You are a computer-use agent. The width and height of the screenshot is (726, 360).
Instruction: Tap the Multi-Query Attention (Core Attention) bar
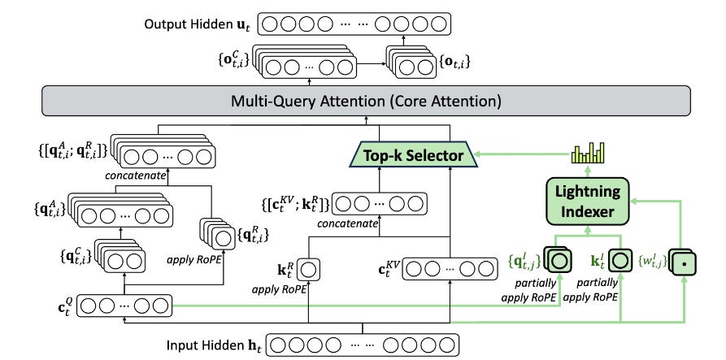tap(366, 101)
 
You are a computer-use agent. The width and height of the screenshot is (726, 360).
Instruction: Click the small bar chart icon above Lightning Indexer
tap(589, 154)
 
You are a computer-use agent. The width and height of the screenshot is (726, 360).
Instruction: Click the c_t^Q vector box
tap(124, 306)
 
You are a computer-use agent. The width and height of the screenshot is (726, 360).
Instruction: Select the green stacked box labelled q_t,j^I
tap(558, 260)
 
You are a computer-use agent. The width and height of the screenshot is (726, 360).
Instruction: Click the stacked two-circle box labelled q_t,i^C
tap(120, 255)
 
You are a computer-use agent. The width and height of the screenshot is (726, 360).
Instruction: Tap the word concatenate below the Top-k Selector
tap(347, 224)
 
